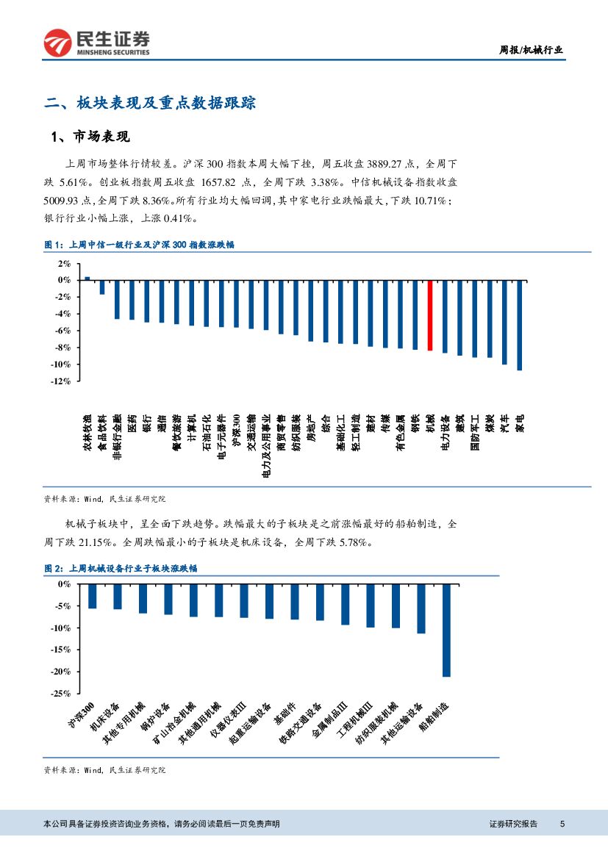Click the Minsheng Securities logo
pos(96,43)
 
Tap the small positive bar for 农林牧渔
pos(87,278)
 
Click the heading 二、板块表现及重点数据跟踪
pos(150,103)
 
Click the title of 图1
pos(140,245)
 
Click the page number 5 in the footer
pos(562,824)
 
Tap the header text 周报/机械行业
pos(531,50)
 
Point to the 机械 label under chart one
pos(430,422)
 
